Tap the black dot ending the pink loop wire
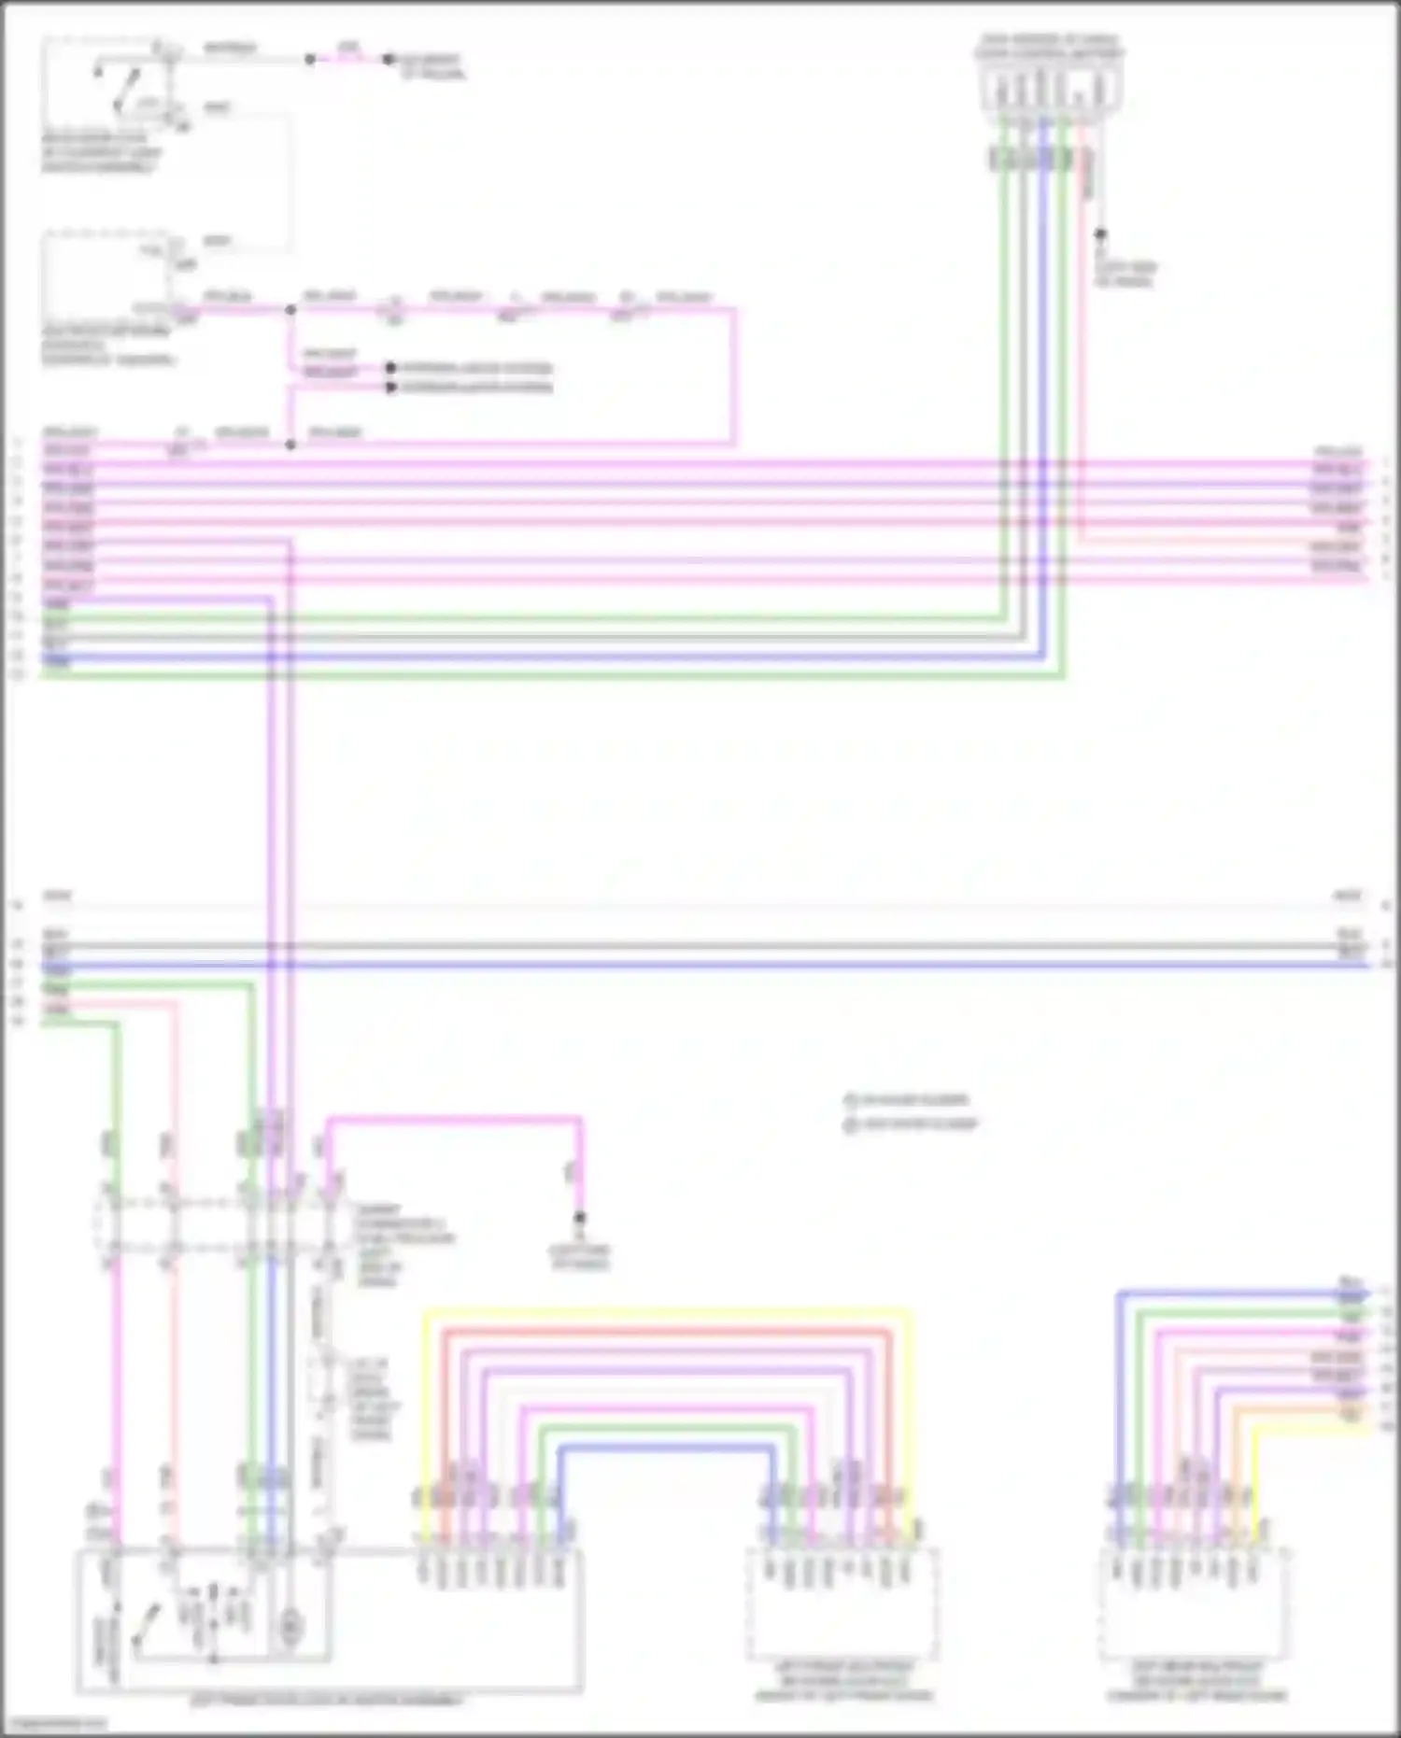579,1218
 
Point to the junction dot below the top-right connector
1100,233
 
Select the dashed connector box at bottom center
842,1603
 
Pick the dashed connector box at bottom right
1195,1603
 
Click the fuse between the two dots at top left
348,58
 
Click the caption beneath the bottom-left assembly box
326,1701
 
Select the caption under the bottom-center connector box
842,1680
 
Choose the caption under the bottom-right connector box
1196,1680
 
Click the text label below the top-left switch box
101,153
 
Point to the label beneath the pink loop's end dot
580,1257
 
